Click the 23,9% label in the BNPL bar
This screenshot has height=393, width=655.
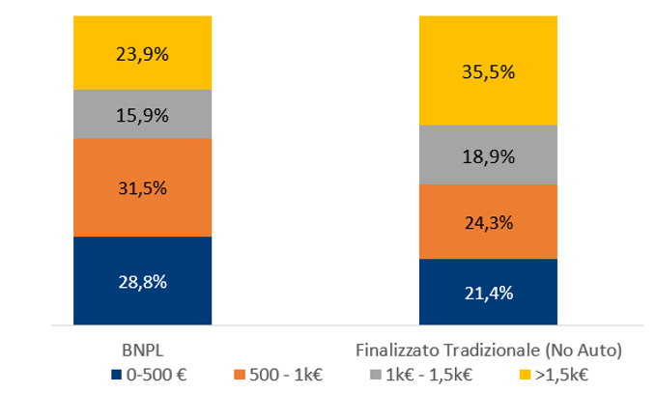click(143, 54)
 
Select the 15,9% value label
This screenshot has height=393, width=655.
click(143, 115)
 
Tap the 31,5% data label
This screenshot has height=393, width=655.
click(143, 187)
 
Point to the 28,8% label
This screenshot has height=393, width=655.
click(143, 282)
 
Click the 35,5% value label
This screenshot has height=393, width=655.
click(488, 71)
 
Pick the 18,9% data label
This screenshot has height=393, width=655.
click(488, 155)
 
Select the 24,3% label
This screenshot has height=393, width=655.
click(488, 222)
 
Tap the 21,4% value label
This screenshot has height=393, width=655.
click(488, 293)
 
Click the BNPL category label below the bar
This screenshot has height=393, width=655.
click(142, 348)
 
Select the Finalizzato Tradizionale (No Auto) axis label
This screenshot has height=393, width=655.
click(488, 348)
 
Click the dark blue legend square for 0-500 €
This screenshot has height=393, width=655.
click(117, 373)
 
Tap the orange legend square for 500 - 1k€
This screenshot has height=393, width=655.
click(242, 373)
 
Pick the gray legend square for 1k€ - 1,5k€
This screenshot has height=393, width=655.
click(370, 373)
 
